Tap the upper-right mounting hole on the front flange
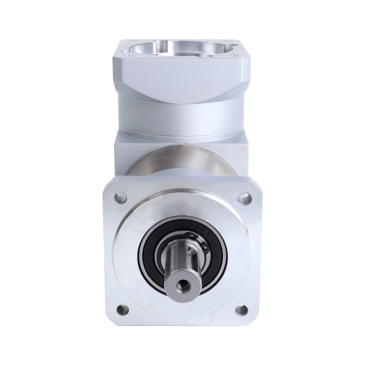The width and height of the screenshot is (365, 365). pyautogui.click(x=245, y=198)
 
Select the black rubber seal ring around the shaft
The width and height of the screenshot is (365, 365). pyautogui.click(x=151, y=265)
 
